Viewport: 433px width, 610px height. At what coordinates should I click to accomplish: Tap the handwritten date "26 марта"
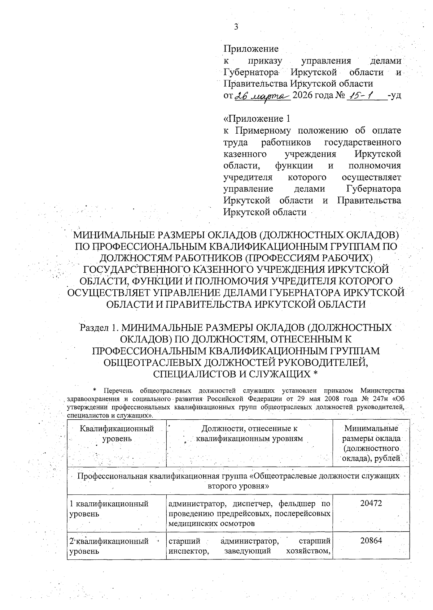[262, 96]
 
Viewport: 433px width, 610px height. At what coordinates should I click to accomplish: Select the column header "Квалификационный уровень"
[117, 434]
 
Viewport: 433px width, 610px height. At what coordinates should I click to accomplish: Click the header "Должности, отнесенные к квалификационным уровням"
[249, 434]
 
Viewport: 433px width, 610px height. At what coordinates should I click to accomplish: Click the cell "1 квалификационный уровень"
[109, 509]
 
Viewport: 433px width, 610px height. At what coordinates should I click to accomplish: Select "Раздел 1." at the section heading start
[99, 328]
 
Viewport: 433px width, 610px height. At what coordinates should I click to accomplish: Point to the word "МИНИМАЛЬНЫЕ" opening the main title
[108, 235]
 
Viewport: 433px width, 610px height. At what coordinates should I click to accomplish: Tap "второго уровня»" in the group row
[239, 486]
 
